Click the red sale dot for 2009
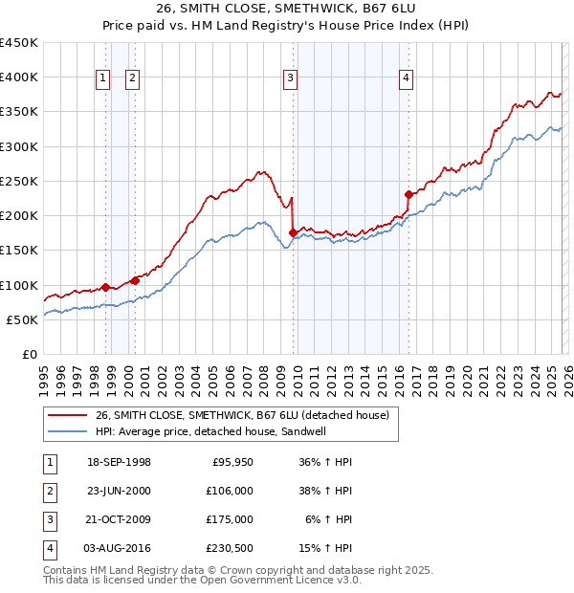(293, 232)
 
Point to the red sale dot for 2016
(408, 194)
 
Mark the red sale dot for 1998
(105, 287)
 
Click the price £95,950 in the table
(230, 461)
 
